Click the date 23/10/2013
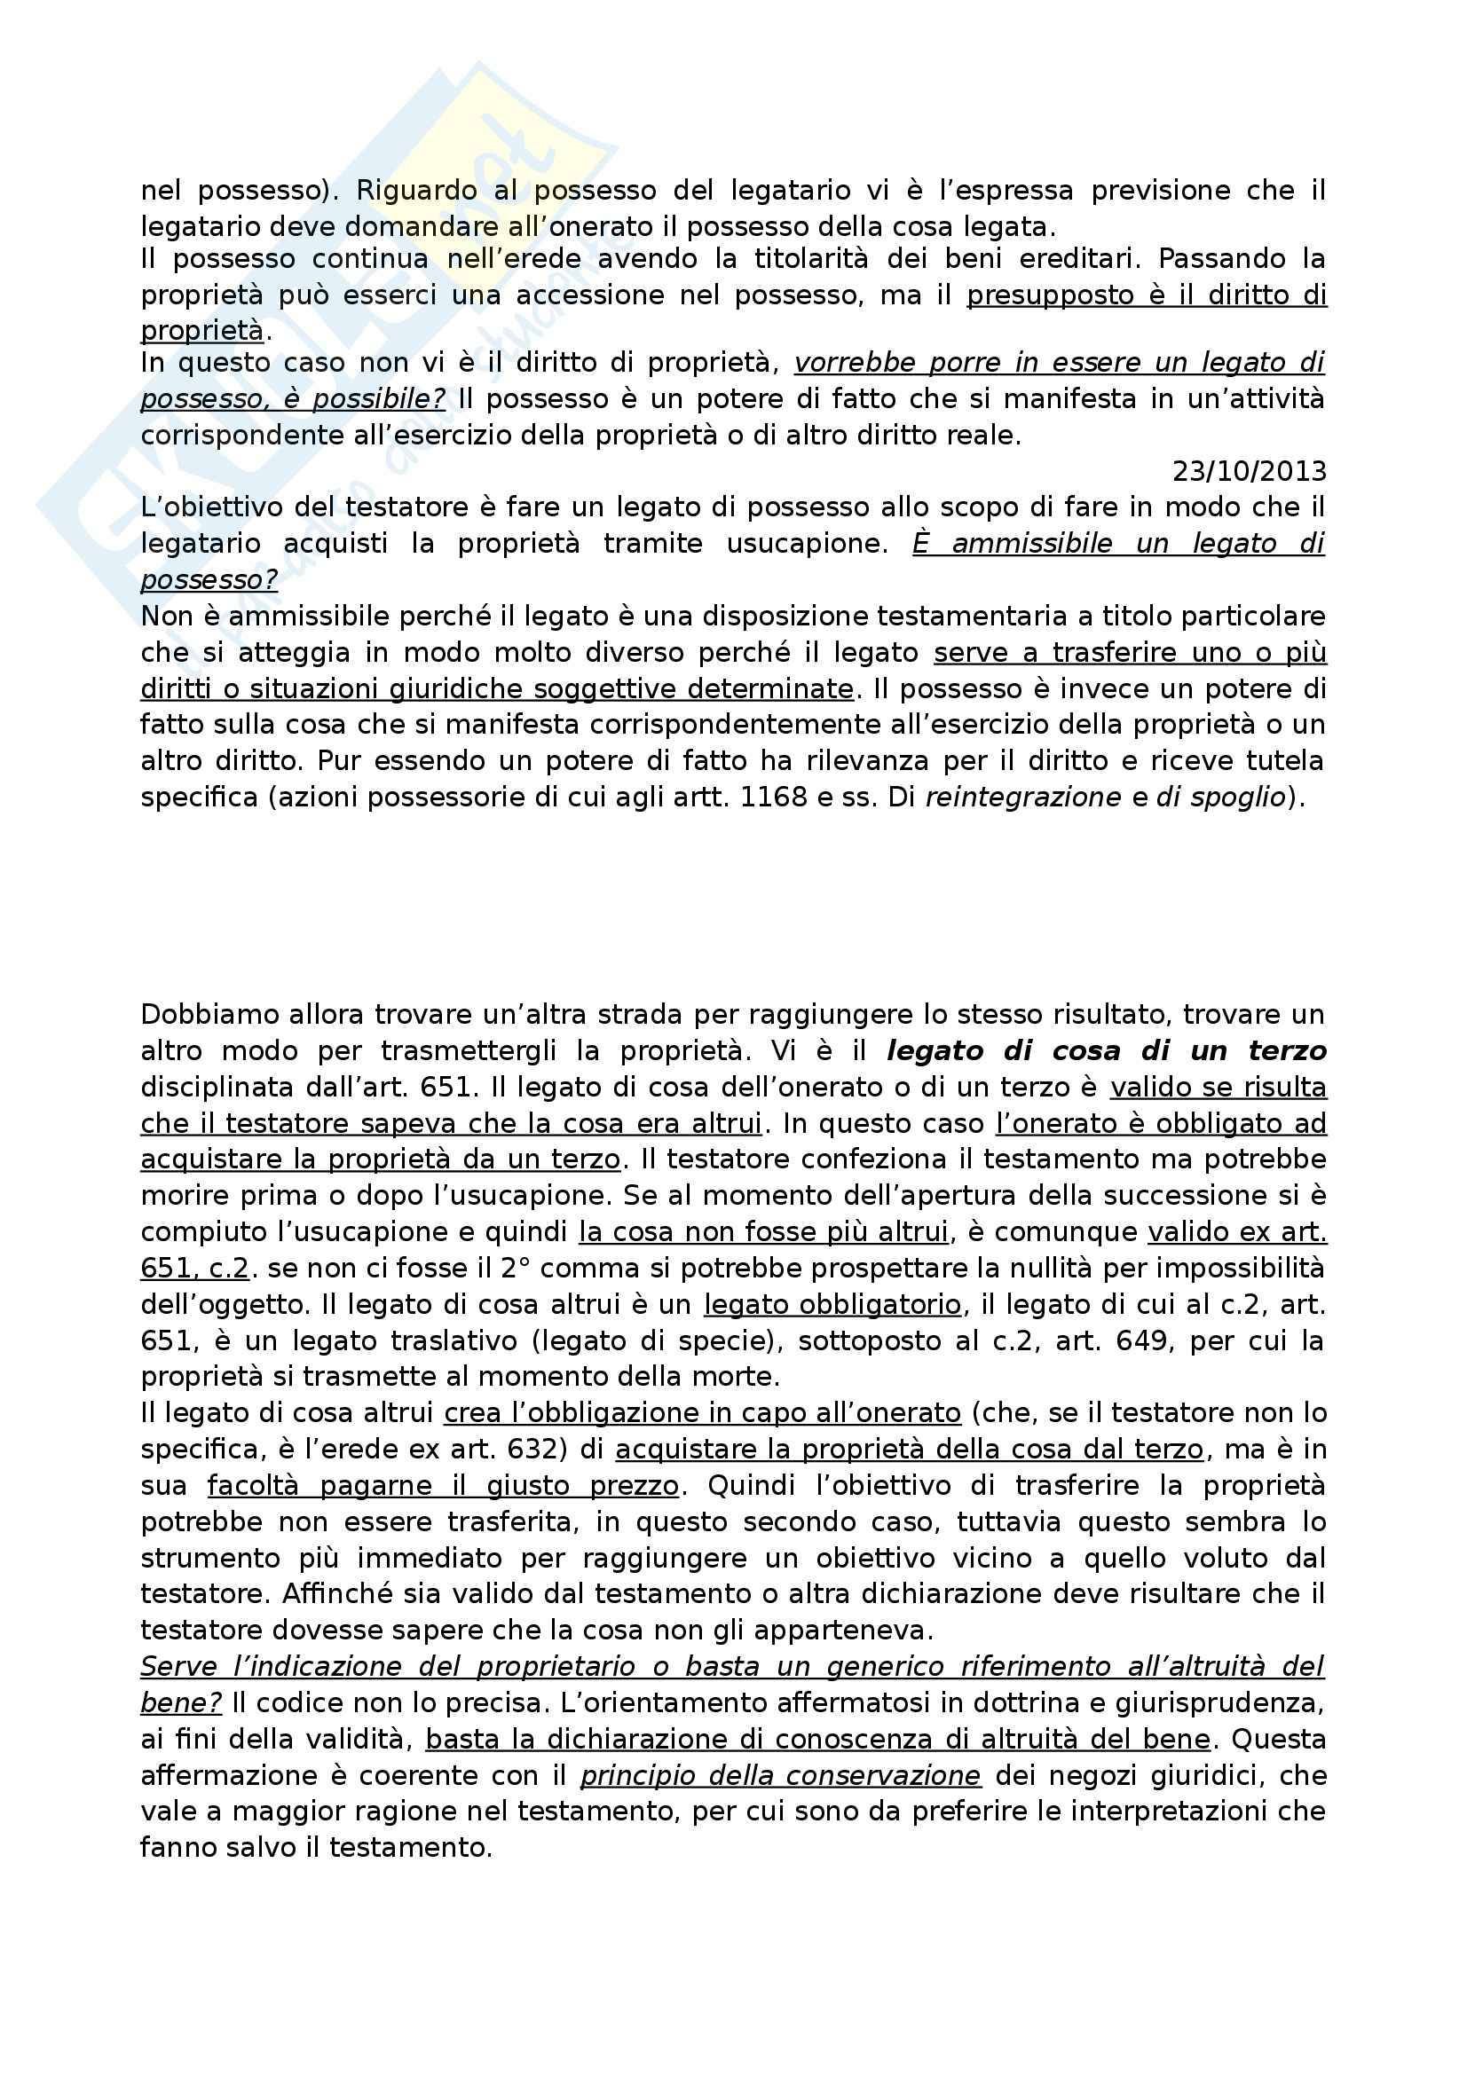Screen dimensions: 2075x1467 point(1250,472)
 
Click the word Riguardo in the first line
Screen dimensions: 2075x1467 point(417,191)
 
